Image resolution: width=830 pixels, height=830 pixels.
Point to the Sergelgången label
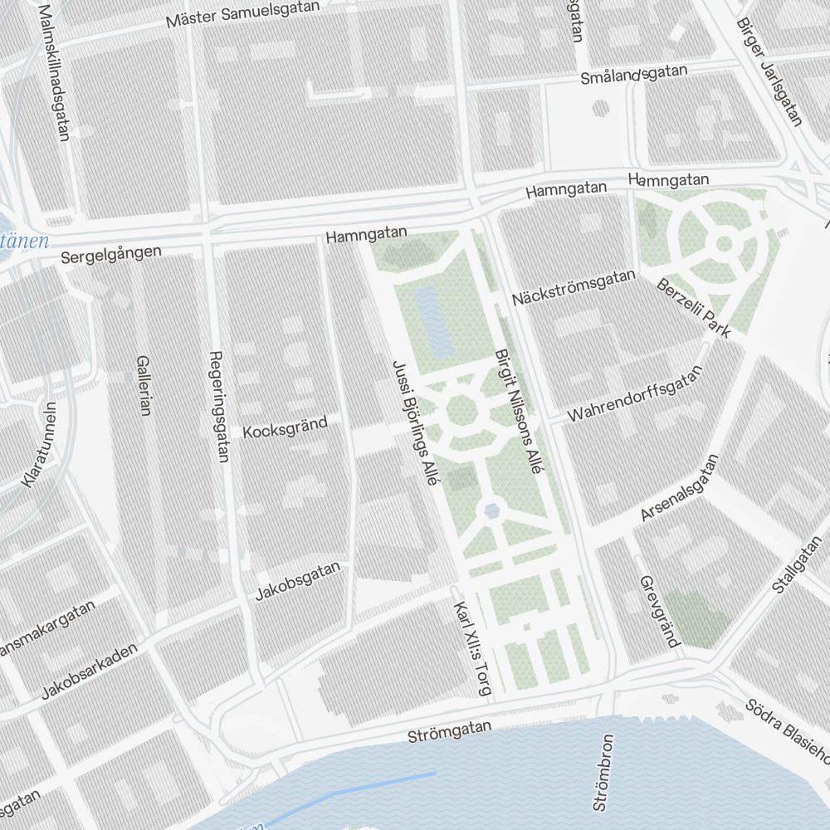[x=111, y=254]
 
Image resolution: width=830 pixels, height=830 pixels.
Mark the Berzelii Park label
[x=693, y=308]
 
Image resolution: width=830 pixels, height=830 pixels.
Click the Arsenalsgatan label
[x=678, y=489]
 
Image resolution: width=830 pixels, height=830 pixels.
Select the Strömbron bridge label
[x=603, y=772]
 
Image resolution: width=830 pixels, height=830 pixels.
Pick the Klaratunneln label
[x=39, y=445]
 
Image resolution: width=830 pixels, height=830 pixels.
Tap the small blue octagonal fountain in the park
[x=493, y=510]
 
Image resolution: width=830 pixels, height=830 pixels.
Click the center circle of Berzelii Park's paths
[x=724, y=243]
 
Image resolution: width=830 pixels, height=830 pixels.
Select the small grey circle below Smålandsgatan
[x=600, y=109]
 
